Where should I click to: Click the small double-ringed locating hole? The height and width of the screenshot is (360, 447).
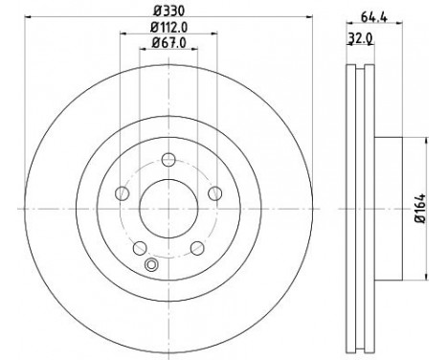148,265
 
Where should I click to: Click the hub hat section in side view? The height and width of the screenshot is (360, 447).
388,208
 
